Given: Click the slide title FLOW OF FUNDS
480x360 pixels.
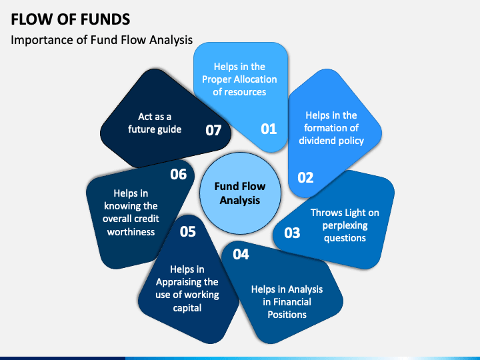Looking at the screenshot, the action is pyautogui.click(x=71, y=19).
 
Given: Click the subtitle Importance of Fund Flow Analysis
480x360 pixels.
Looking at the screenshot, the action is pyautogui.click(x=101, y=40).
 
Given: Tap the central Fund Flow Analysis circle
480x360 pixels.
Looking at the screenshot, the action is pyautogui.click(x=240, y=193).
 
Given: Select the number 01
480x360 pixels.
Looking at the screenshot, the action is pyautogui.click(x=269, y=129).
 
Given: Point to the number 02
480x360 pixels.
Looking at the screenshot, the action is pyautogui.click(x=305, y=177).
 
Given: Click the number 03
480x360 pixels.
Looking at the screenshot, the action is pyautogui.click(x=292, y=233).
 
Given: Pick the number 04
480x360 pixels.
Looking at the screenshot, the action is pyautogui.click(x=241, y=255).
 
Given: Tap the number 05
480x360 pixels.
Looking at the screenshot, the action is pyautogui.click(x=187, y=231).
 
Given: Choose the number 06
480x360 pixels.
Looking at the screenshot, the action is pyautogui.click(x=179, y=175).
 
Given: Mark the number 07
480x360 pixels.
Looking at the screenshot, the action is pyautogui.click(x=213, y=131).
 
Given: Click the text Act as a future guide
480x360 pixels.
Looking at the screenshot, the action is pyautogui.click(x=155, y=123).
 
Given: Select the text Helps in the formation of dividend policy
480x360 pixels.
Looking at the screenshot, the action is pyautogui.click(x=331, y=128).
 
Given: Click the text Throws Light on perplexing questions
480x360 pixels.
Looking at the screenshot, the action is pyautogui.click(x=345, y=225).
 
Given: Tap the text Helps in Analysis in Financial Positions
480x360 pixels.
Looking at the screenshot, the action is pyautogui.click(x=287, y=302).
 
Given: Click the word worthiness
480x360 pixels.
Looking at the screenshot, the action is pyautogui.click(x=131, y=232).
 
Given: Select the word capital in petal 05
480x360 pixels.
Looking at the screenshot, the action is pyautogui.click(x=187, y=308).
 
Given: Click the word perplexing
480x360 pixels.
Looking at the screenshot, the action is pyautogui.click(x=345, y=226).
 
